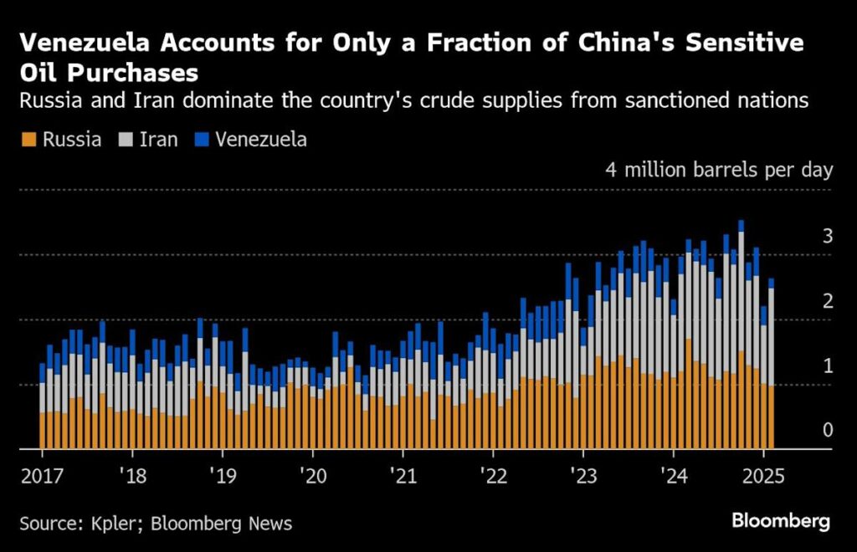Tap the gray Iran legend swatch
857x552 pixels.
click(127, 140)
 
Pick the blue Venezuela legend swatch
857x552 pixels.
click(202, 140)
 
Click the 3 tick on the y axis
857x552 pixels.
click(827, 238)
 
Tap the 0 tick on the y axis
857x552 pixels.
click(827, 431)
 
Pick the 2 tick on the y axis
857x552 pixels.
click(827, 302)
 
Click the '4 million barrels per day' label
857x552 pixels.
click(719, 171)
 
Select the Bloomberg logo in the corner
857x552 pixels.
click(781, 522)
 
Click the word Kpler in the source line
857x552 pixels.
click(105, 524)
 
